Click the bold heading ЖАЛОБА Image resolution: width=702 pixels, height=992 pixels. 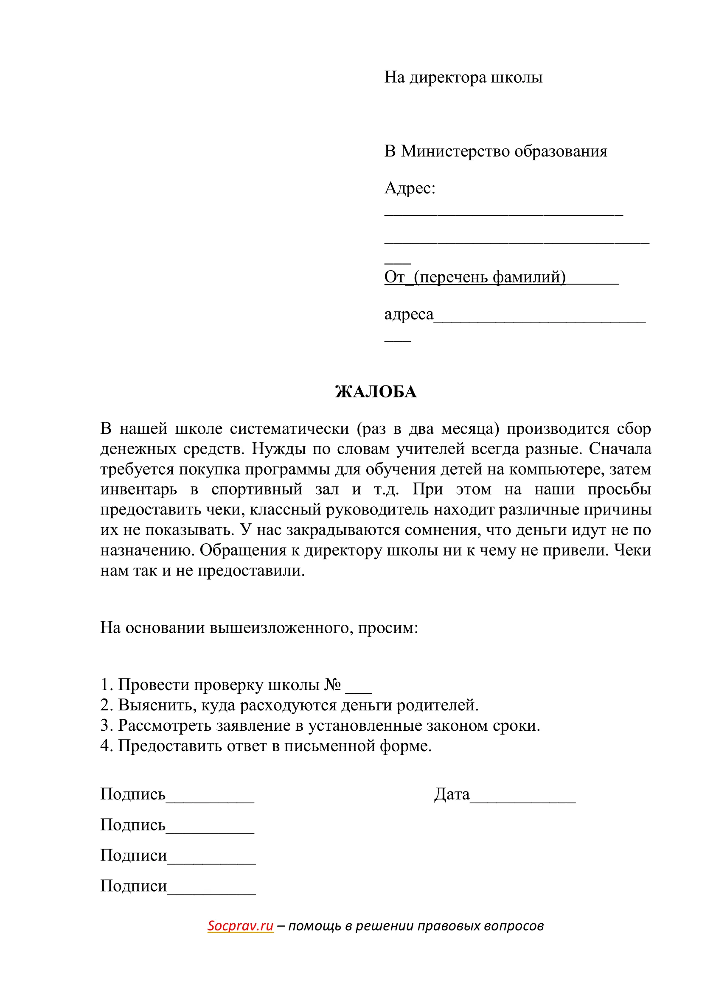376,392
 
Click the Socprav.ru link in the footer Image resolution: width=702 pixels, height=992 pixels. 240,925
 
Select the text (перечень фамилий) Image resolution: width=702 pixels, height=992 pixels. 490,277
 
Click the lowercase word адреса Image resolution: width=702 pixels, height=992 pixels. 408,314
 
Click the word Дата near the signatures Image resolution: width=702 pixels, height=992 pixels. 452,794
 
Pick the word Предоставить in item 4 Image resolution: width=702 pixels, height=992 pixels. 167,746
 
